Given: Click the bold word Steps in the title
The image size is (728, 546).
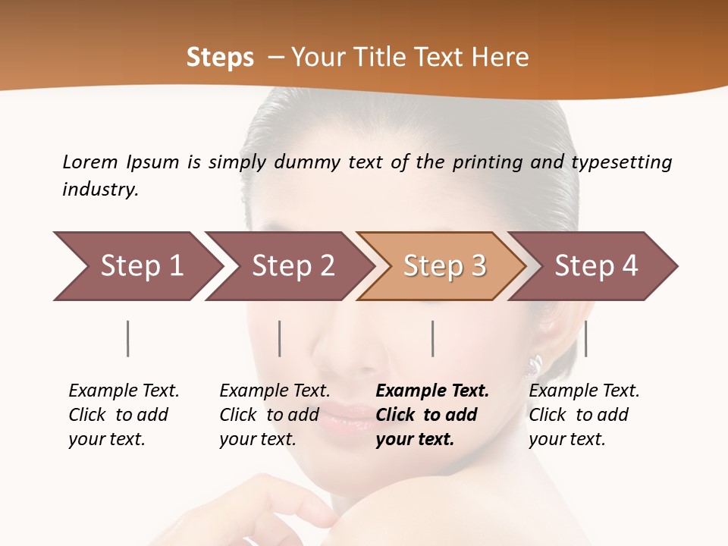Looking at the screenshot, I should point(220,58).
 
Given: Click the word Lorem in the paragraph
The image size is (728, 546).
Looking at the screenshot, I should point(89,162).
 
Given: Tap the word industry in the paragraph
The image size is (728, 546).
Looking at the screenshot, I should point(100,190).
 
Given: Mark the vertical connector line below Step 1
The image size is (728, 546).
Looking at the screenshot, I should point(128,338).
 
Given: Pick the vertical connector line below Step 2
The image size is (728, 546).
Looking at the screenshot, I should point(280,338).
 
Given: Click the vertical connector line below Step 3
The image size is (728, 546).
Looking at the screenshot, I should point(432,338).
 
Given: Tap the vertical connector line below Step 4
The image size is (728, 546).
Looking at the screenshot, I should point(585,338).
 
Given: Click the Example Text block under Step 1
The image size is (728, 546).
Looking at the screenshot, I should point(124,415).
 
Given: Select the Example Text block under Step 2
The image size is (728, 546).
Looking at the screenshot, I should point(275,415).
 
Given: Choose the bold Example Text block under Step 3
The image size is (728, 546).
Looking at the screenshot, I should point(432,415).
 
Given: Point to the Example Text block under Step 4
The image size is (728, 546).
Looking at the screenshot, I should point(584,415).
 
